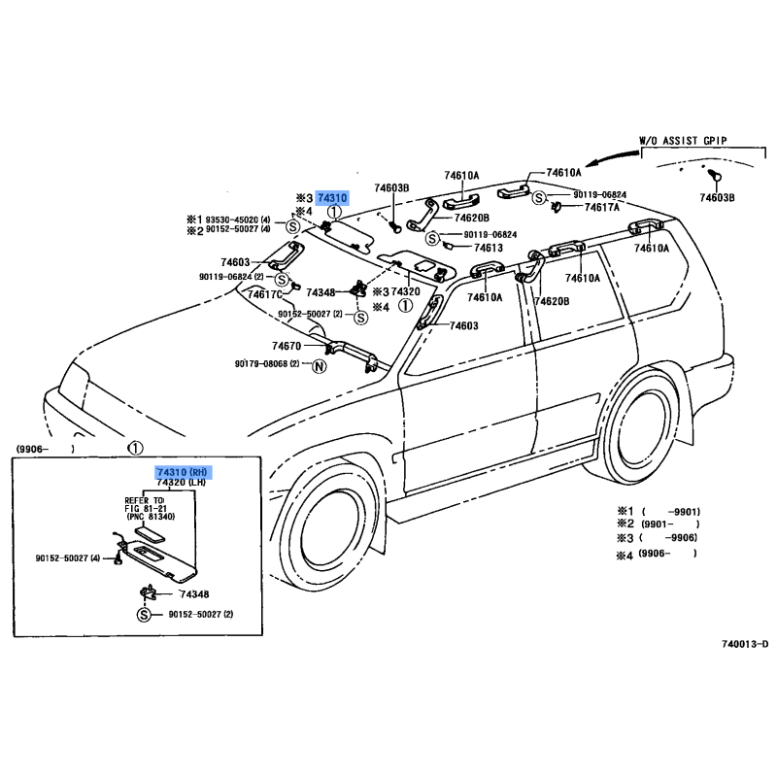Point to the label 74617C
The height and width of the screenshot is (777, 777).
pos(265,294)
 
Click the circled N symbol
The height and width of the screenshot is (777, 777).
pos(318,365)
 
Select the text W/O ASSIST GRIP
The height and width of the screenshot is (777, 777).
pos(682,141)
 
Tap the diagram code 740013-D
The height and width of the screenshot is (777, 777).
pos(744,644)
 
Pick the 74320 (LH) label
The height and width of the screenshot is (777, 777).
pos(182,483)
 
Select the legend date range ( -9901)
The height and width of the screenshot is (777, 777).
pos(670,511)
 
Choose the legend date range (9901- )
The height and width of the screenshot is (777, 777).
pos(670,524)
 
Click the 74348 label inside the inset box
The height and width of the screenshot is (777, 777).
pos(192,593)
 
